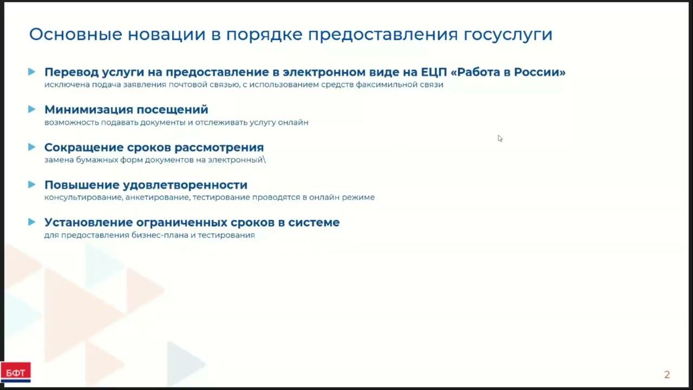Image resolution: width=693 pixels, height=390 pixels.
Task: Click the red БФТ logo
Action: [x=15, y=372]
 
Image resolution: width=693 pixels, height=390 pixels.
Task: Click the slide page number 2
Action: [x=667, y=375]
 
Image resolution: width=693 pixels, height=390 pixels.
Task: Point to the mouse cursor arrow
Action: [x=500, y=138]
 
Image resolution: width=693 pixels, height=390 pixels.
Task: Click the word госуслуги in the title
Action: [x=508, y=35]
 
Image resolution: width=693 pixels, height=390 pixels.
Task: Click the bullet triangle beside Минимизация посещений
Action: [x=32, y=109]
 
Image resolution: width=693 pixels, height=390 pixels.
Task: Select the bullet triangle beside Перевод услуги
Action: [x=32, y=71]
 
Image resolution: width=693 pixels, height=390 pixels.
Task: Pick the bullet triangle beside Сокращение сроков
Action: [x=32, y=147]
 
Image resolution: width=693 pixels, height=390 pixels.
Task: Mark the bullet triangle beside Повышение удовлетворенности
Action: [x=32, y=185]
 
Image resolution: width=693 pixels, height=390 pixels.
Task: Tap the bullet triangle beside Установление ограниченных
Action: [x=32, y=222]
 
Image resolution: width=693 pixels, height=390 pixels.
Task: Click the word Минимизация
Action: [x=88, y=110]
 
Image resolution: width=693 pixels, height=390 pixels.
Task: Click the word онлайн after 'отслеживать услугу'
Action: [x=293, y=122]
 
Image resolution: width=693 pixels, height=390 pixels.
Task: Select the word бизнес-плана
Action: [x=159, y=236]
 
